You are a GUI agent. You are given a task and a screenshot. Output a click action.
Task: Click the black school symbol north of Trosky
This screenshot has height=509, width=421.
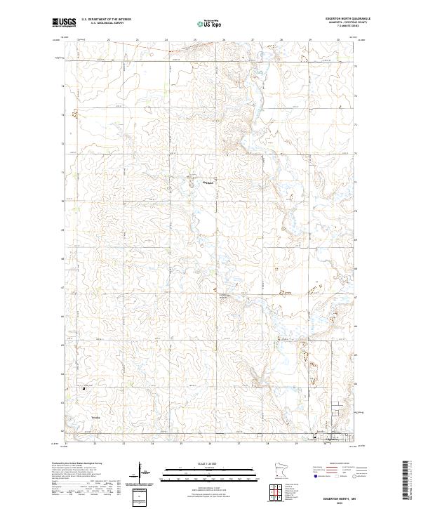(x=83, y=388)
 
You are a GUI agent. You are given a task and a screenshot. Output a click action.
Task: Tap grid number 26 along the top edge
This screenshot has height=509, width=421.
(x=223, y=40)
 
